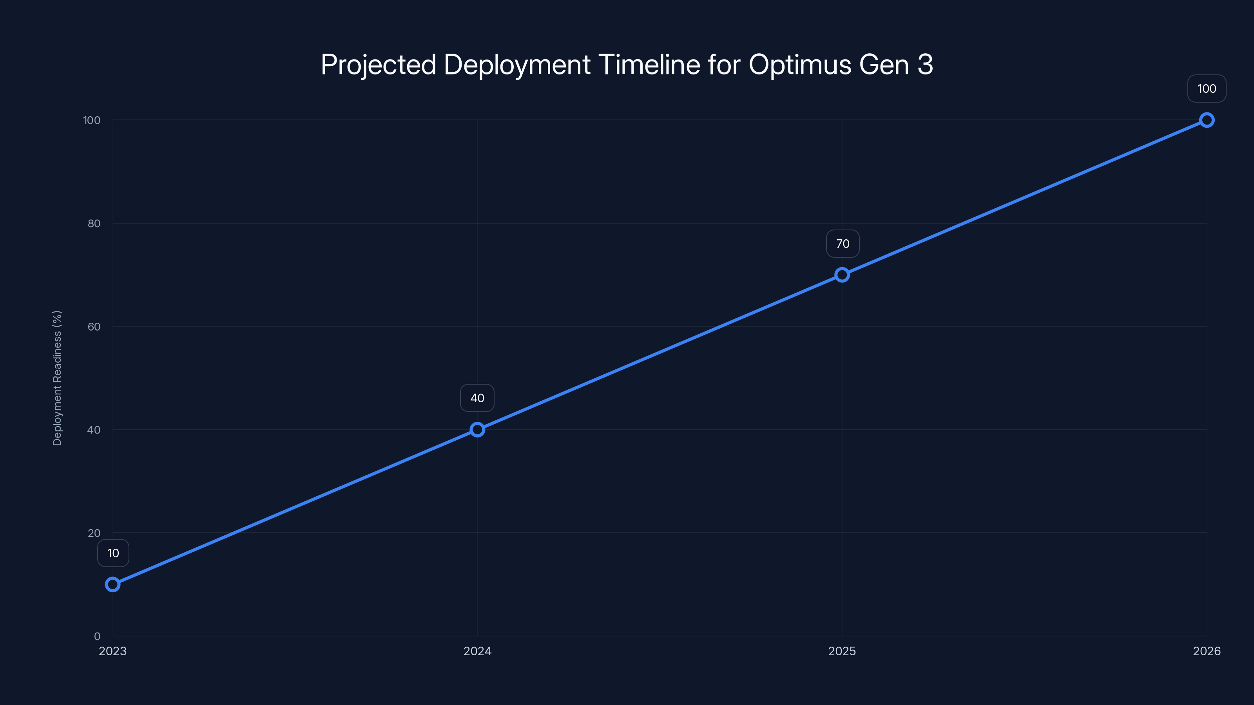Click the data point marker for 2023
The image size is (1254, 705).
point(112,584)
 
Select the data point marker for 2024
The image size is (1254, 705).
point(477,430)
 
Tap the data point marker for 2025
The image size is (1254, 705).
point(842,275)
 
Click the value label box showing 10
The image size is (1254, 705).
point(113,553)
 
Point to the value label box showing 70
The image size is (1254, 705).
point(843,244)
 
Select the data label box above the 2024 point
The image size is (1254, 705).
point(477,398)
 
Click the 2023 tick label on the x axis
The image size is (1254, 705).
point(112,651)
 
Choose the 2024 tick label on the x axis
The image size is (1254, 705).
point(477,651)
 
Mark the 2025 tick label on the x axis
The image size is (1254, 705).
point(842,651)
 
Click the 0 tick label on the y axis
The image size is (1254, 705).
point(97,636)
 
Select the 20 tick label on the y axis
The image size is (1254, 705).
point(94,533)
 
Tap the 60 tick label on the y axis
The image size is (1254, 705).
point(94,327)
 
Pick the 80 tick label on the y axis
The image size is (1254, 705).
point(94,223)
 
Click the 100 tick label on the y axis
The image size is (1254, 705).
point(92,120)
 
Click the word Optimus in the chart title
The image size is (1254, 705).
point(800,65)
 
